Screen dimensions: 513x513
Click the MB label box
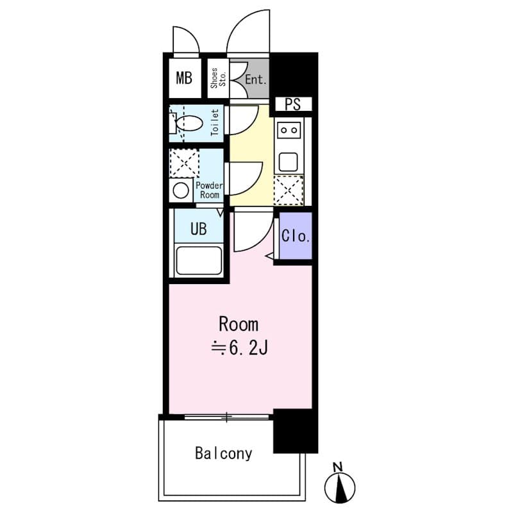pyautogui.click(x=184, y=79)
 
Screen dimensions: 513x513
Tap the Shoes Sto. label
pyautogui.click(x=214, y=78)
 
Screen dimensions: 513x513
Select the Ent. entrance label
pyautogui.click(x=256, y=80)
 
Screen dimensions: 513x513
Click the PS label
pyautogui.click(x=292, y=105)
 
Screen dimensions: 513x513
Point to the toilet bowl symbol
pyautogui.click(x=188, y=122)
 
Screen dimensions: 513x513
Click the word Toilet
pyautogui.click(x=215, y=122)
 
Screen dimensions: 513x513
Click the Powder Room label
pyautogui.click(x=208, y=190)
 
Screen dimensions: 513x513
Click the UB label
pyautogui.click(x=198, y=229)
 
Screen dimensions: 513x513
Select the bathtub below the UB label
pyautogui.click(x=199, y=262)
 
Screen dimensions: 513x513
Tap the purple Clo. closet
pyautogui.click(x=296, y=236)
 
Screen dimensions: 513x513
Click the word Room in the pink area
pyautogui.click(x=239, y=324)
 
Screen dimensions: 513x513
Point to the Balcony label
pyautogui.click(x=223, y=454)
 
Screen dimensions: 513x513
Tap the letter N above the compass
pyautogui.click(x=339, y=466)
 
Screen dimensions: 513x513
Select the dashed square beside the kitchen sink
pyautogui.click(x=288, y=189)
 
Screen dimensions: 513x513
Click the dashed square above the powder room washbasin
pyautogui.click(x=183, y=163)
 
